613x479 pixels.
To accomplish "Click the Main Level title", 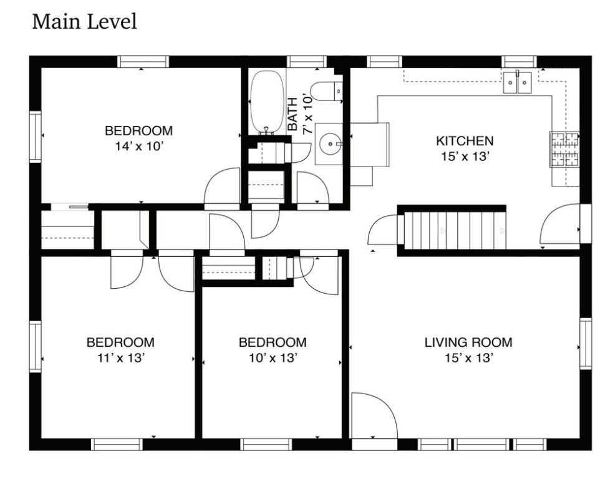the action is tap(84, 21).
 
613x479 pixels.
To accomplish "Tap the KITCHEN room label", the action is tap(465, 140).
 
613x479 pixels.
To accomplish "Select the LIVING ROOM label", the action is tap(468, 342).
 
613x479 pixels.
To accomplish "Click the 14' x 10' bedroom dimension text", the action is tap(139, 146).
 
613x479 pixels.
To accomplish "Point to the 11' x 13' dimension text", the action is tap(122, 358).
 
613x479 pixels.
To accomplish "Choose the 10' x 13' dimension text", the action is tap(274, 358).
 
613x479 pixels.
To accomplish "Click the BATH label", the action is tap(293, 114).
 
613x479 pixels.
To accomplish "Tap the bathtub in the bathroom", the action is tap(267, 102).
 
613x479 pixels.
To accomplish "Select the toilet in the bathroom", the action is tap(326, 90).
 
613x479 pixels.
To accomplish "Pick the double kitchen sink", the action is tap(517, 82).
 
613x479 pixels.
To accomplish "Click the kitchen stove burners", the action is tap(564, 148).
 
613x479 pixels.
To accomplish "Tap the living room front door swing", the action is tap(374, 415).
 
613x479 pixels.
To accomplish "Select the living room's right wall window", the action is tap(585, 344).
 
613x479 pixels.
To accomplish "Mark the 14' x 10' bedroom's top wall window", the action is tap(143, 62).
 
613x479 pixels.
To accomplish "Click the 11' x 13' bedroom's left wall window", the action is tap(35, 346).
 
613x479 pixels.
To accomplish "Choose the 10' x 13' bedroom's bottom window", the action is tap(266, 444).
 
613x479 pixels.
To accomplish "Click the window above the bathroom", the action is tap(307, 62).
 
